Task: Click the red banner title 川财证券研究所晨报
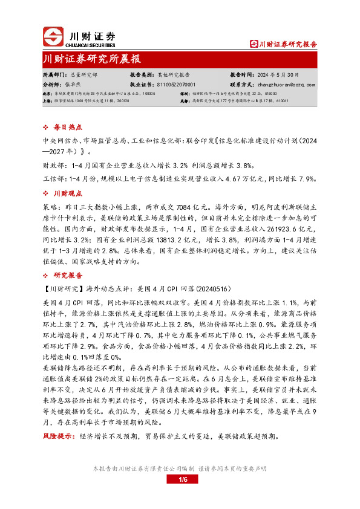(x=92, y=59)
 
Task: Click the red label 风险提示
(x=56, y=452)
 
